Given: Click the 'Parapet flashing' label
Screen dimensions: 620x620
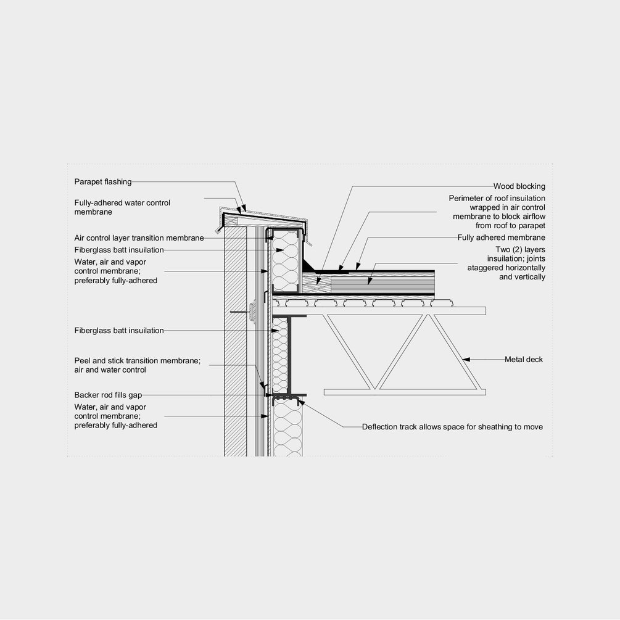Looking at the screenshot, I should [x=103, y=181].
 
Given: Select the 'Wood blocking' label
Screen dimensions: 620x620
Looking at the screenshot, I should [x=519, y=186].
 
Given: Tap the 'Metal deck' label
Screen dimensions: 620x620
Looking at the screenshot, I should [x=524, y=359].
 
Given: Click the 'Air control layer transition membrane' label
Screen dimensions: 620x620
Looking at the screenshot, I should [x=139, y=238].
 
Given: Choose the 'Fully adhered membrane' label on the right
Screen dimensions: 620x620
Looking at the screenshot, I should [x=501, y=238].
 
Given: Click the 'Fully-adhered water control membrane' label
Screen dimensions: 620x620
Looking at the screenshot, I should [x=122, y=207].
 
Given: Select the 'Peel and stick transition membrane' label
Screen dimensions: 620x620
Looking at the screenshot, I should [x=137, y=361].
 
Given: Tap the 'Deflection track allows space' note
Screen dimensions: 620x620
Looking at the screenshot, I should [x=452, y=427].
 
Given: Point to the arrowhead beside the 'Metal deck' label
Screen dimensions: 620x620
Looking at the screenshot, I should [x=467, y=358].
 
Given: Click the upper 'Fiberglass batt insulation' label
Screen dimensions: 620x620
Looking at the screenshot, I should [x=119, y=250].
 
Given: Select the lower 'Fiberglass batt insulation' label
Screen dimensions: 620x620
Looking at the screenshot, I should [x=119, y=330].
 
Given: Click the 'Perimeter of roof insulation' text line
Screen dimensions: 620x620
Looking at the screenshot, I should [x=497, y=198].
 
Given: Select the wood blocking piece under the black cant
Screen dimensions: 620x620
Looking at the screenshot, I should [x=316, y=283].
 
